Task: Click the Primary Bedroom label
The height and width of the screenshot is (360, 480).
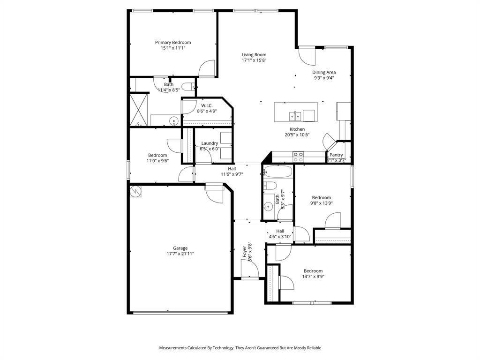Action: point(173,42)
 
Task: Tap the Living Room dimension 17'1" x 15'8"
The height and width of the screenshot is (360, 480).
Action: point(254,60)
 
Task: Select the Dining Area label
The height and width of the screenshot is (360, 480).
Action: point(324,72)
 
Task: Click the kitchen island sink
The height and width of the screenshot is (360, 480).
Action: point(295,115)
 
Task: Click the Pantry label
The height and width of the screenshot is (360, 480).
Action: point(336,155)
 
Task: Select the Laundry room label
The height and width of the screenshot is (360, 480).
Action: point(210,143)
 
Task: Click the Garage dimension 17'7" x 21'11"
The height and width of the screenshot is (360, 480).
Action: point(180,254)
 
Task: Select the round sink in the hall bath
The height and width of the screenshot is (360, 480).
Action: point(268,205)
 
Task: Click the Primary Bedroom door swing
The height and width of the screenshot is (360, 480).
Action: point(206,69)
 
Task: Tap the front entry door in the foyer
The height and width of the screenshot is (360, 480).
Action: point(250,270)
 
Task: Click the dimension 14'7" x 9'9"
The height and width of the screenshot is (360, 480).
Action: point(314,277)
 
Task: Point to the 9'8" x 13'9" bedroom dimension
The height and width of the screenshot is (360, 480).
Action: point(321,203)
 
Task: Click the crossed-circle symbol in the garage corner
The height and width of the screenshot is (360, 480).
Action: point(135,191)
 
